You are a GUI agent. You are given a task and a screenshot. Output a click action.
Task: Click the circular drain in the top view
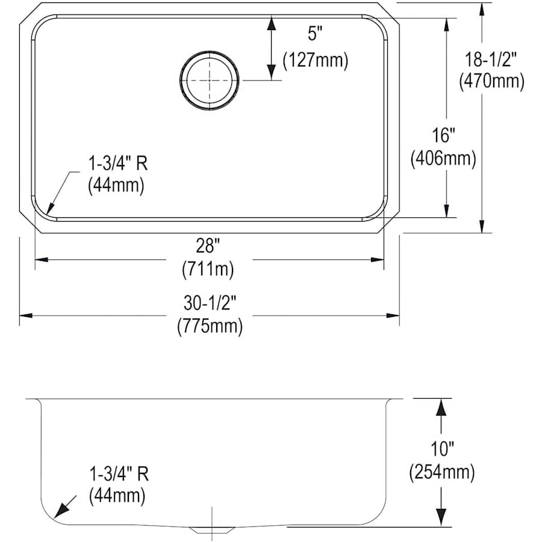click(x=209, y=80)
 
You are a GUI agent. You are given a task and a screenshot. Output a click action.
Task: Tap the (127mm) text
click(x=316, y=60)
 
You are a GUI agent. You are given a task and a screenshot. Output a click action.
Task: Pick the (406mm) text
click(x=443, y=158)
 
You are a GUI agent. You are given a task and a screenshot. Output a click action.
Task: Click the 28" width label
click(x=208, y=246)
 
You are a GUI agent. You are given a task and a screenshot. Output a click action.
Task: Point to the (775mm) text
click(x=209, y=326)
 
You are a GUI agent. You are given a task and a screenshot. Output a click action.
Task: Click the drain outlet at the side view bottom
click(x=211, y=529)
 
